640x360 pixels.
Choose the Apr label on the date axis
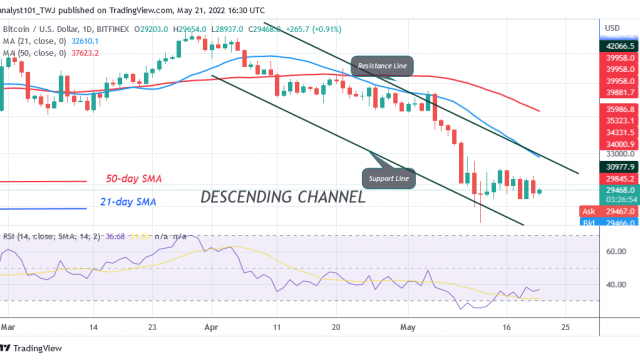click(211, 327)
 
